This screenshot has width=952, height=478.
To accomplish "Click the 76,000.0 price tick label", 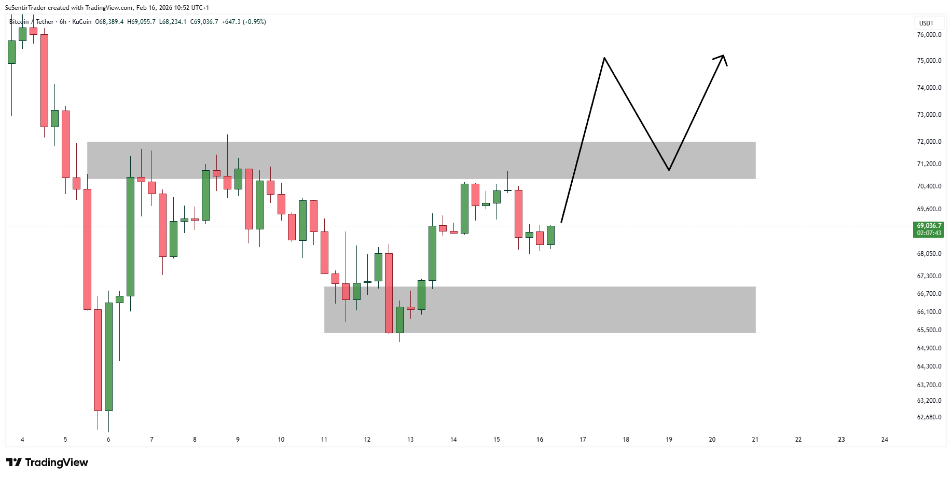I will click(x=929, y=35).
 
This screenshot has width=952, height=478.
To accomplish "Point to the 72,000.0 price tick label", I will click(x=929, y=142).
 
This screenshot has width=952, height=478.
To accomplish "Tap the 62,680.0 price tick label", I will click(x=929, y=417).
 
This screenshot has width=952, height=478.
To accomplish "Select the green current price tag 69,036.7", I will click(x=929, y=229).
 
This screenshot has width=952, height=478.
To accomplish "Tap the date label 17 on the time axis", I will click(x=583, y=440).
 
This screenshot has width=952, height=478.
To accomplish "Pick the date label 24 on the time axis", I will click(x=885, y=440).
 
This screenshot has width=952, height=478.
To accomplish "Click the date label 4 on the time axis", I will click(x=22, y=440).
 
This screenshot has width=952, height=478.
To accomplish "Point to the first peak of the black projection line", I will click(x=604, y=58).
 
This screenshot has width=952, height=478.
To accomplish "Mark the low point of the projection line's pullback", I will click(x=669, y=170).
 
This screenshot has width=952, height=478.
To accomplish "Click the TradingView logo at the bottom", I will click(x=47, y=462).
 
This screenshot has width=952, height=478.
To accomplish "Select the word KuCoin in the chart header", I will click(x=82, y=22).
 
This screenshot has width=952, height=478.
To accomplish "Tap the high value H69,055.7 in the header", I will click(x=141, y=22).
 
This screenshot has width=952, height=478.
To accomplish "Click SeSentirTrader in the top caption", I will click(x=25, y=8).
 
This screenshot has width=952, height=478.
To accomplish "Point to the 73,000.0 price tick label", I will click(x=929, y=115).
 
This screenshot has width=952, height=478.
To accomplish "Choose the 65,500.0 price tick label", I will click(x=929, y=330).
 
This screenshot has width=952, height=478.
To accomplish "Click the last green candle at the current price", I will click(x=550, y=235).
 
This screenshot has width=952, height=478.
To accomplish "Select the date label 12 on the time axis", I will click(x=367, y=440).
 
